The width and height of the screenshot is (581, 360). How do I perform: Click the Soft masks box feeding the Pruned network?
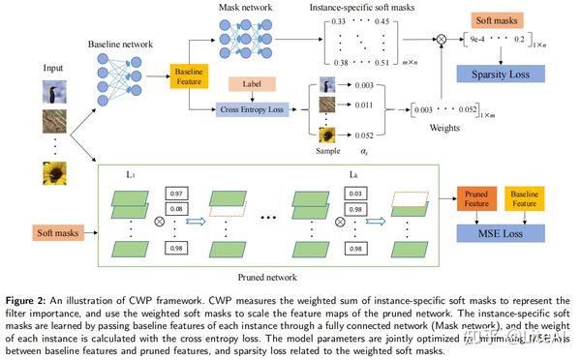click(x=54, y=232)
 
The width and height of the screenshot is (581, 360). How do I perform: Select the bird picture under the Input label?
click(x=54, y=94)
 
